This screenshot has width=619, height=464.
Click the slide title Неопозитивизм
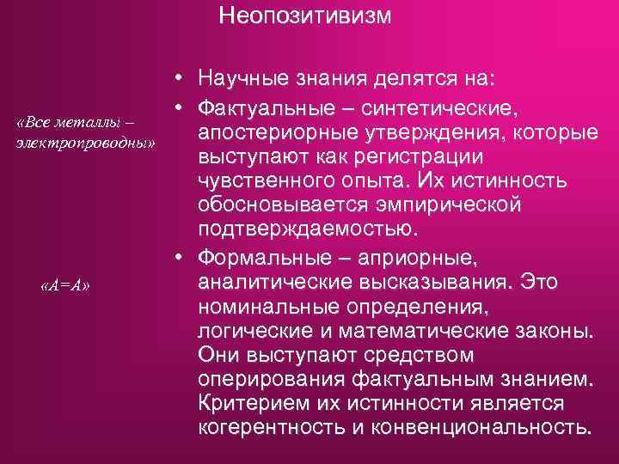click(304, 16)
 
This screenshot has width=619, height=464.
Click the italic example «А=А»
click(65, 285)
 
